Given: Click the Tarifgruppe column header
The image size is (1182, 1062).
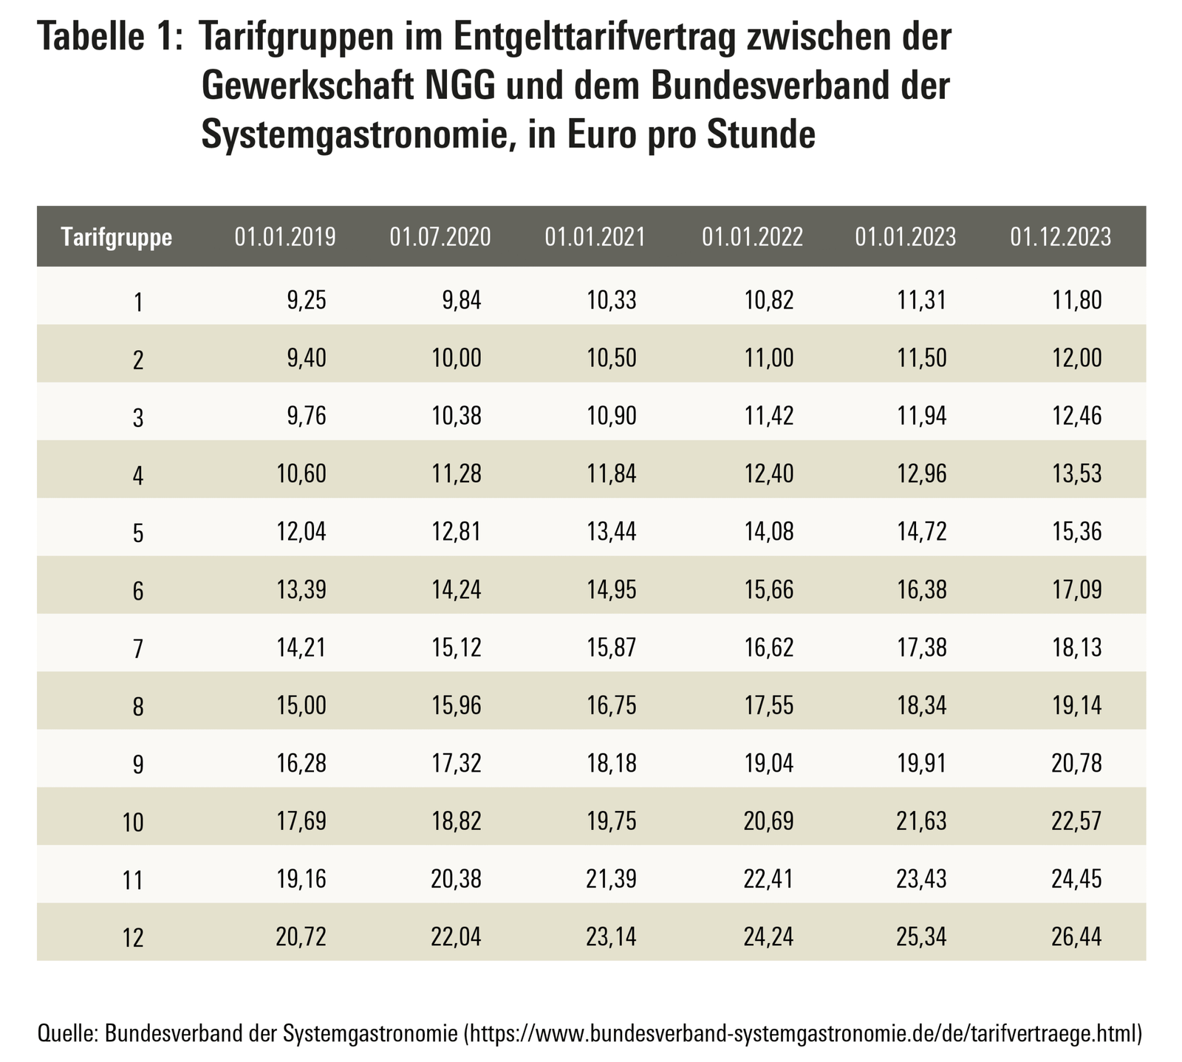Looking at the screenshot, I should click(x=117, y=237).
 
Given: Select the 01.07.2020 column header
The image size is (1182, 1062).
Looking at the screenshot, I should click(x=440, y=237).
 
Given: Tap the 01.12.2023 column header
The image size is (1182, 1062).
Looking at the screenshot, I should click(x=1060, y=237).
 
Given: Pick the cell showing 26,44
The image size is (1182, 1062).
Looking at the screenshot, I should click(x=1076, y=937).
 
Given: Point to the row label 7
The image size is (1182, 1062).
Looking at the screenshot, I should click(x=137, y=649).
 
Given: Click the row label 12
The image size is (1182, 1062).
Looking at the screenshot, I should click(x=133, y=939).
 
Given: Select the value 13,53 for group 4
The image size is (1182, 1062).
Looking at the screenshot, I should click(x=1076, y=473).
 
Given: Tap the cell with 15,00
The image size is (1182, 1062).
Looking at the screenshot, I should click(x=300, y=705).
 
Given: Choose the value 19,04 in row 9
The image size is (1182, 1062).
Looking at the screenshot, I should click(x=769, y=763).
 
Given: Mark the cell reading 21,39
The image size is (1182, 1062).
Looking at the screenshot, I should click(x=611, y=879).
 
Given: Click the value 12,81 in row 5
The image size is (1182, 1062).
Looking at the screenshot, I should click(x=456, y=531).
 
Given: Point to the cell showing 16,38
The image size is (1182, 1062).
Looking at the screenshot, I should click(x=923, y=589).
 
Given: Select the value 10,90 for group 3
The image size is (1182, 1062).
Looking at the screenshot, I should click(x=611, y=416).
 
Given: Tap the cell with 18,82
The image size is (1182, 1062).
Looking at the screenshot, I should click(x=456, y=821).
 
